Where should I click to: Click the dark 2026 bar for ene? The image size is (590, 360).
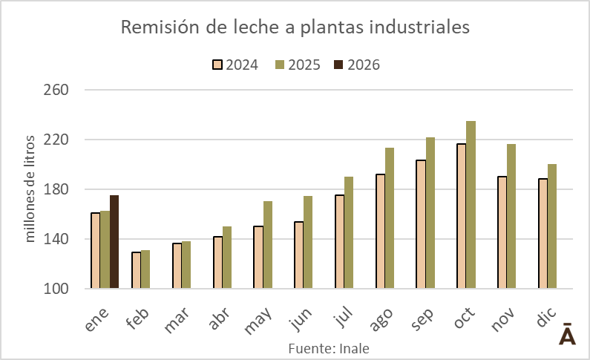point(114,242)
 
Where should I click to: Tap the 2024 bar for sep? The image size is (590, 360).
point(421,224)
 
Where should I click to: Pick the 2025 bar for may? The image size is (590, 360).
point(268,245)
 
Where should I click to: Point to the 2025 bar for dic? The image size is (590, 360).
point(551,226)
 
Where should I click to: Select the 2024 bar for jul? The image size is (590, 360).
point(339,241)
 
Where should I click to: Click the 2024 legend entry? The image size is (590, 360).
point(235,65)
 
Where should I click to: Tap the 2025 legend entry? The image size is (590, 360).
point(297,65)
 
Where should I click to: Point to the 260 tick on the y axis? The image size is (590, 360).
point(56,90)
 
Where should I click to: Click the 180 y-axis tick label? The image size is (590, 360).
point(56,189)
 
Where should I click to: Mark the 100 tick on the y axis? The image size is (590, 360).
point(56,289)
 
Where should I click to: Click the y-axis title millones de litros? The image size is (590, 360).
point(30,189)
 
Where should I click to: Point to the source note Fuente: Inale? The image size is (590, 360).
point(328,347)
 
